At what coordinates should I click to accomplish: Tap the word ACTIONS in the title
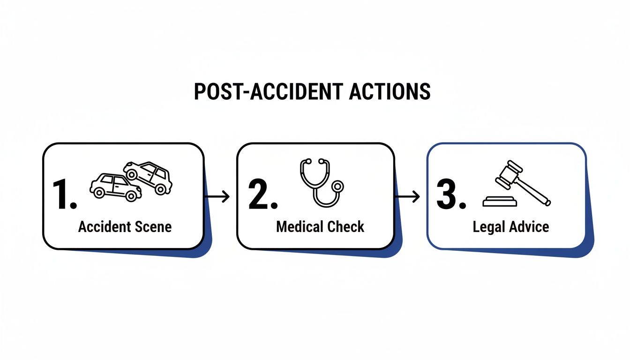coord(390,91)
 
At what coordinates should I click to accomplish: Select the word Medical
coord(297,227)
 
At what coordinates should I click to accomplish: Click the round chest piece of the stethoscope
coord(336,187)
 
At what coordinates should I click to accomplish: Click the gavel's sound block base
coord(500,202)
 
